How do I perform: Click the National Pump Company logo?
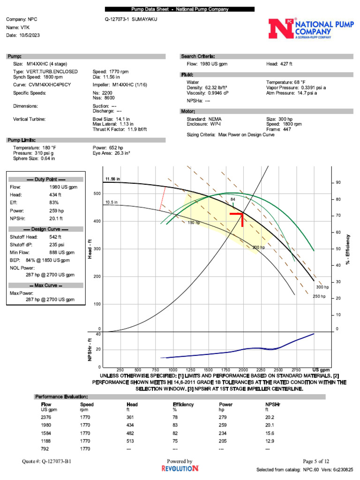pyautogui.click(x=307, y=29)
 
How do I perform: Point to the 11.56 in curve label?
pyautogui.click(x=112, y=179)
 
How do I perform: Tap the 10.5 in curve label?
pyautogui.click(x=111, y=202)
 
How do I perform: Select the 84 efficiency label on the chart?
pyautogui.click(x=232, y=200)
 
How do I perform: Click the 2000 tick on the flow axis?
pyautogui.click(x=243, y=370)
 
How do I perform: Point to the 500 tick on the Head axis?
pyautogui.click(x=97, y=194)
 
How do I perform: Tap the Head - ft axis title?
pyautogui.click(x=90, y=248)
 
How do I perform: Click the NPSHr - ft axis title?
pyautogui.click(x=90, y=350)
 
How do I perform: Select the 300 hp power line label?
pyautogui.click(x=322, y=287)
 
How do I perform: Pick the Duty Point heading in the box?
pyautogui.click(x=46, y=180)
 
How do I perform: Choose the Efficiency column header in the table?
pyautogui.click(x=183, y=404)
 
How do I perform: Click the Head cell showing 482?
pyautogui.click(x=131, y=433)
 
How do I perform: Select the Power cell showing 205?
pyautogui.click(x=224, y=441)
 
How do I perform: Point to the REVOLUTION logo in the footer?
pyautogui.click(x=180, y=468)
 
